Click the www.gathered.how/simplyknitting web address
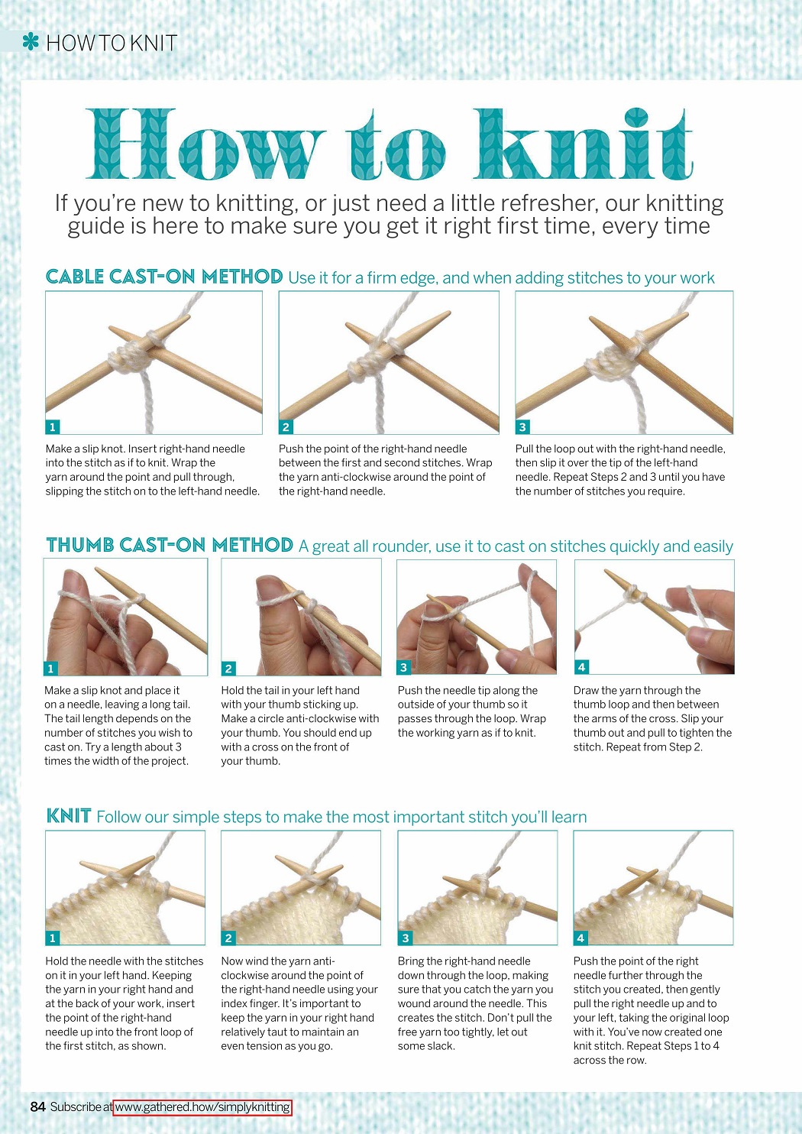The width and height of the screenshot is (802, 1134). point(202,1107)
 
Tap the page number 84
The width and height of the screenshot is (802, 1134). point(38,1107)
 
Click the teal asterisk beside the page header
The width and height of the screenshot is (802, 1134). point(31,41)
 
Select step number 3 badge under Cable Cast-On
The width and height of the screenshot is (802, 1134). point(522,426)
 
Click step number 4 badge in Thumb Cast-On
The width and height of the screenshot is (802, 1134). point(581,667)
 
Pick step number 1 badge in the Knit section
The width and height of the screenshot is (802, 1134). point(52,938)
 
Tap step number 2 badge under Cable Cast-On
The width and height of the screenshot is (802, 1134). point(286,426)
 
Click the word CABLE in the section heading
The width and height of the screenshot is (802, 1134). point(75,277)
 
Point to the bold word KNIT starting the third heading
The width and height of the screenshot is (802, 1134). point(68,816)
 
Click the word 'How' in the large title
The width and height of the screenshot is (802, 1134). point(205,144)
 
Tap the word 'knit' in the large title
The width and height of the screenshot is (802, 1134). point(583,144)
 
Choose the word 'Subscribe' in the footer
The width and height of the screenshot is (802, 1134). point(76,1107)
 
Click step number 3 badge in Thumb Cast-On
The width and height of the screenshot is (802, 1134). point(403,667)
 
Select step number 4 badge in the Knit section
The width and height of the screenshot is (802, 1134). point(580,938)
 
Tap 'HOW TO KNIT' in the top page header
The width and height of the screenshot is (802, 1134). point(112,43)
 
